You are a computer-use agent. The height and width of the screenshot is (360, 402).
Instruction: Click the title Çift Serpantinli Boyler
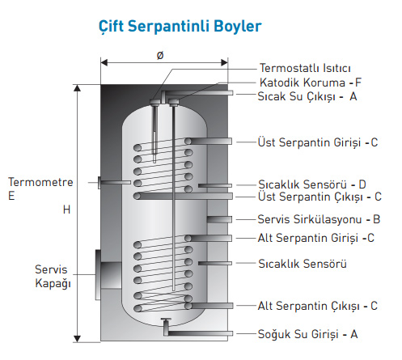180,27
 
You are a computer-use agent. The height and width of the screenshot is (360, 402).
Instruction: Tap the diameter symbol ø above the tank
160,55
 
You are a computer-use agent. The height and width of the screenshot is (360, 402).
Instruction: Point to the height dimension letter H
66,210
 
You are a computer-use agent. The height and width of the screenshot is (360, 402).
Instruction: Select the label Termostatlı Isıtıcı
305,68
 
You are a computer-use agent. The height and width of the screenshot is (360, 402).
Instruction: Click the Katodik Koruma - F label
311,83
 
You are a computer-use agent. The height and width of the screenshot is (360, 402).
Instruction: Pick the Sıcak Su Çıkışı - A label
307,97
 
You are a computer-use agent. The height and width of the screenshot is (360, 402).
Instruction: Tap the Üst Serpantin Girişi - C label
318,142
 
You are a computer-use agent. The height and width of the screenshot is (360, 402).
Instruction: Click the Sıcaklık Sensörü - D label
312,184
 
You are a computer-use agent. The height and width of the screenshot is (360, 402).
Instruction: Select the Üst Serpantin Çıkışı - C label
319,197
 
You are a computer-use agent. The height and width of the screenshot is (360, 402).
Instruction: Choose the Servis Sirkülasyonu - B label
319,219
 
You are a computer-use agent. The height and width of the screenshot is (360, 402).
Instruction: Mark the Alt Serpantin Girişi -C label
316,238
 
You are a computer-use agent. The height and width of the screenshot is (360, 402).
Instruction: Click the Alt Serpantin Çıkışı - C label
317,306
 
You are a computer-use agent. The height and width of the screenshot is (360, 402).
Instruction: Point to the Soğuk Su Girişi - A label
307,334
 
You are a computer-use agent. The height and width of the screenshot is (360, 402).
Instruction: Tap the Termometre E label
40,188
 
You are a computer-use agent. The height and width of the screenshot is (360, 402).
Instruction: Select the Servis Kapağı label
53,276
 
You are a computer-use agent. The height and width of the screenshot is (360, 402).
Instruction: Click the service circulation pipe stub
219,219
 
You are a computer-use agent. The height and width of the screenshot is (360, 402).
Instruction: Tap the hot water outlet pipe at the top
197,93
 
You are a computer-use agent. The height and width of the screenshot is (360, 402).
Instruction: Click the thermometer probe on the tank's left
114,183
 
